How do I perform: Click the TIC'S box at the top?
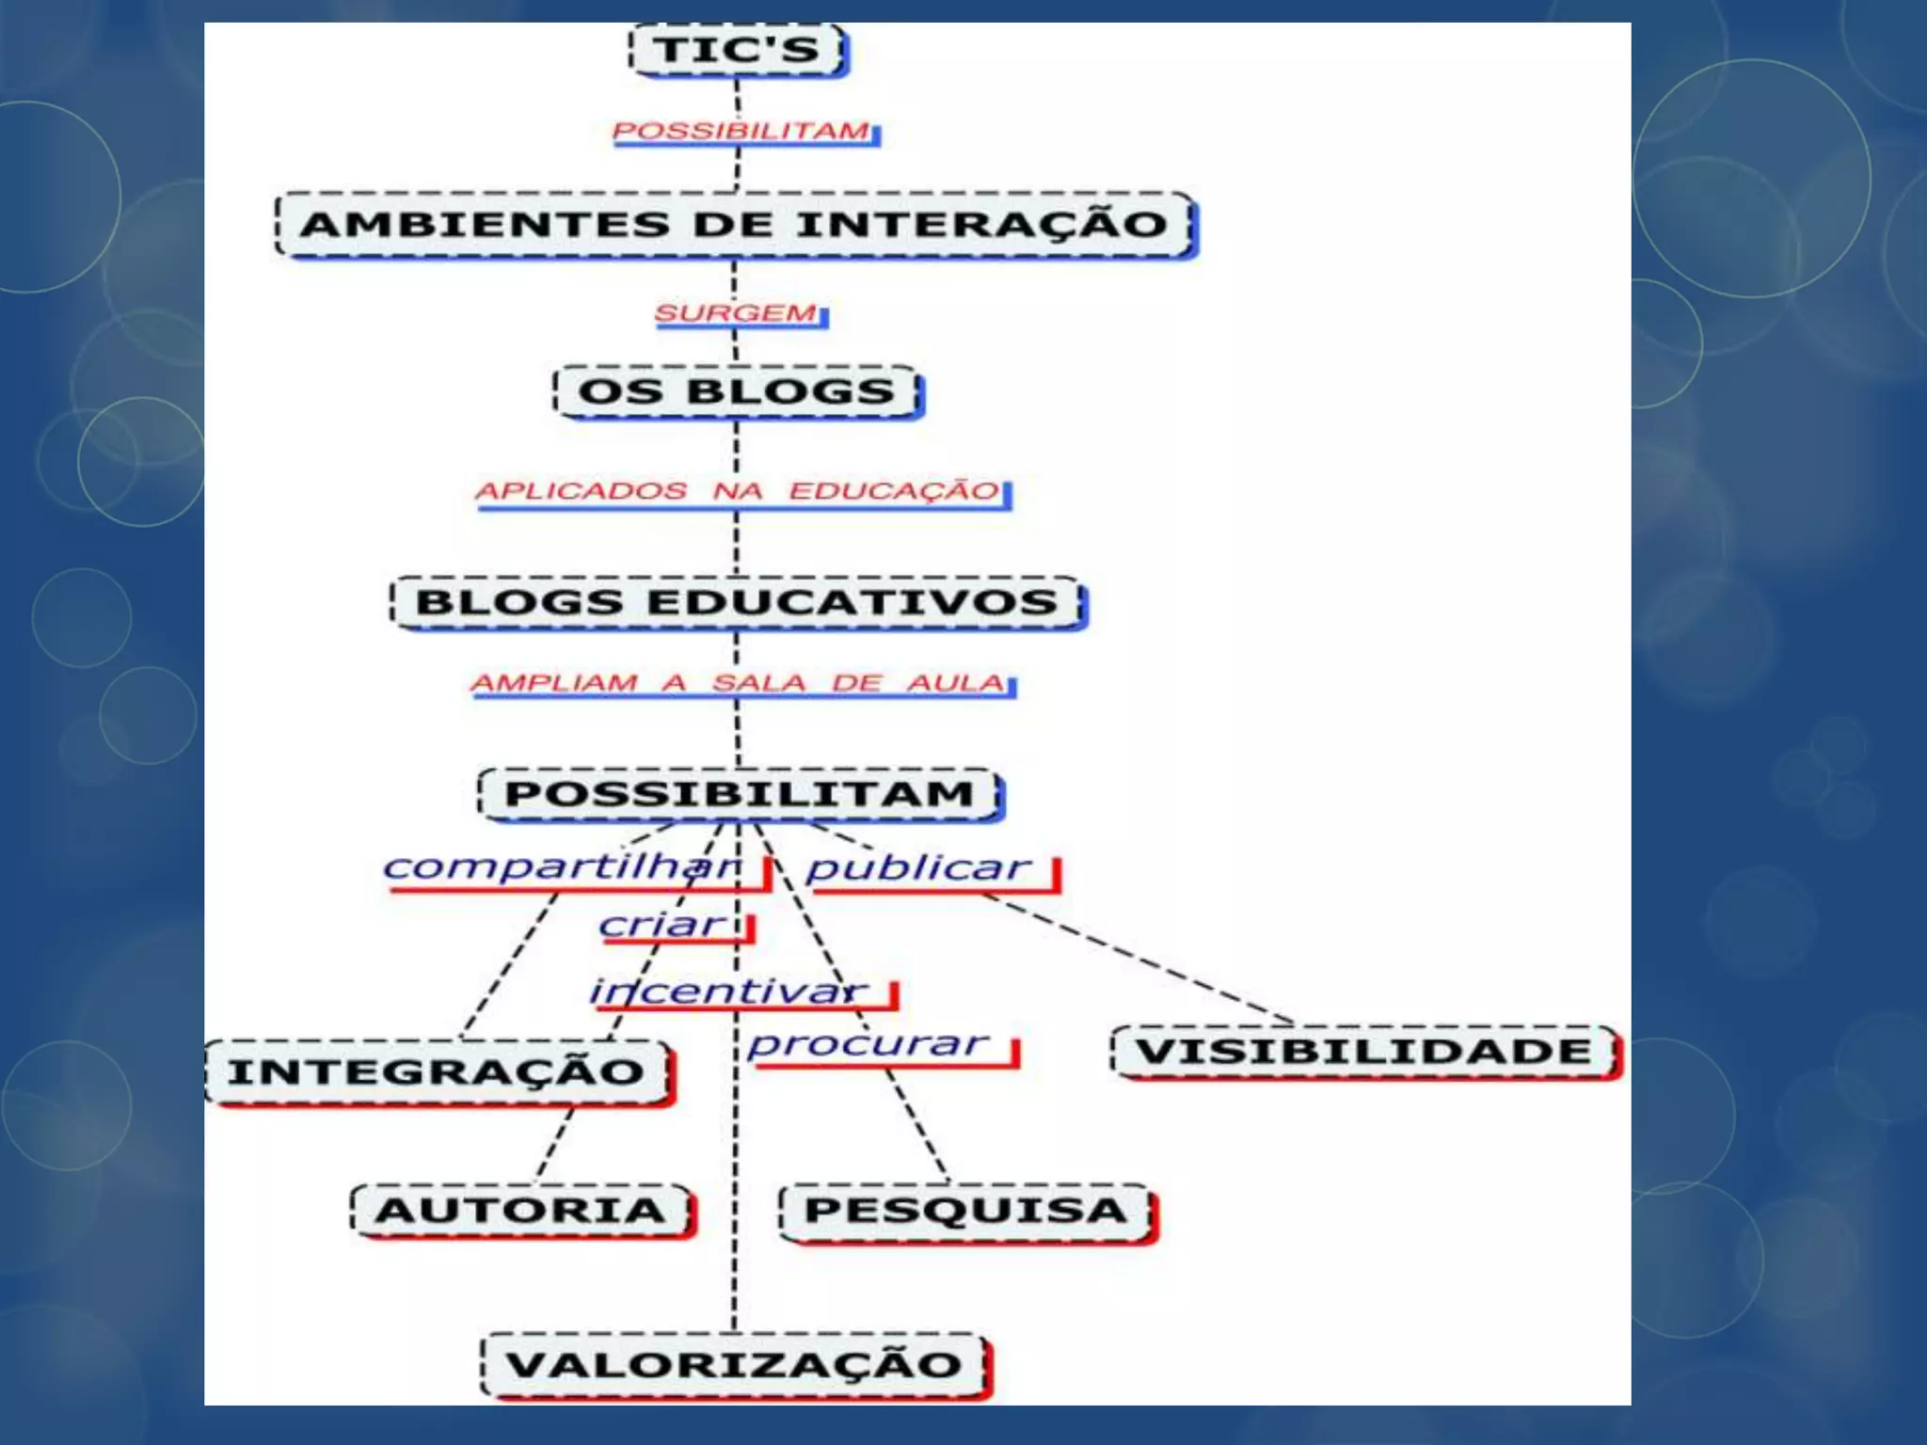pyautogui.click(x=738, y=50)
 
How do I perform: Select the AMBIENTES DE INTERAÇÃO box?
pyautogui.click(x=735, y=225)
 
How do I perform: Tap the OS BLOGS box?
pyautogui.click(x=737, y=391)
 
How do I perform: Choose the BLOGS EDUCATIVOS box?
pyautogui.click(x=738, y=602)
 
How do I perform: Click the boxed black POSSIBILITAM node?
pyautogui.click(x=740, y=794)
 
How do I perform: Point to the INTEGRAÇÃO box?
pyautogui.click(x=437, y=1072)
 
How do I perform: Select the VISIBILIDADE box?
pyautogui.click(x=1364, y=1051)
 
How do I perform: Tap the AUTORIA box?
pyautogui.click(x=520, y=1210)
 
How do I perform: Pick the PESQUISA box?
pyautogui.click(x=966, y=1210)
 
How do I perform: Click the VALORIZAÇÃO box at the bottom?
pyautogui.click(x=734, y=1364)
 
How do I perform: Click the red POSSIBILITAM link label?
pyautogui.click(x=741, y=131)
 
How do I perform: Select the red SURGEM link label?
pyautogui.click(x=737, y=312)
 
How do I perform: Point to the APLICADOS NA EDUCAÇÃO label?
pyautogui.click(x=738, y=491)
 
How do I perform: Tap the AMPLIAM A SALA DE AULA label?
pyautogui.click(x=739, y=682)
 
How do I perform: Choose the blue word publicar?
pyautogui.click(x=918, y=867)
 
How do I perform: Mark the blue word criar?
pyautogui.click(x=662, y=925)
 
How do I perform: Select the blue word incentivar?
pyautogui.click(x=728, y=991)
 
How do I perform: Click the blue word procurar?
pyautogui.click(x=868, y=1043)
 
